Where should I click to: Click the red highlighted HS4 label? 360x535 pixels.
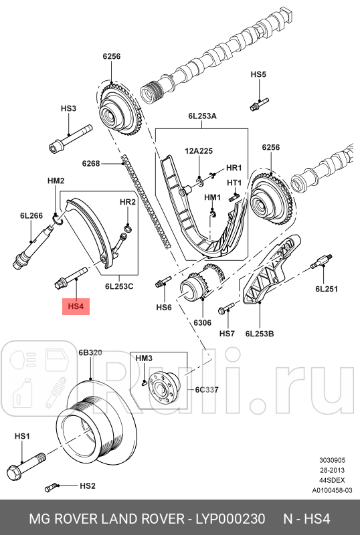click(x=76, y=307)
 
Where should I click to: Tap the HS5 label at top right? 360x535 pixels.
click(x=258, y=74)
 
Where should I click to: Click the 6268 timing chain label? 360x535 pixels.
click(x=91, y=163)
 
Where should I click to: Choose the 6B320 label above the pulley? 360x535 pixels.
click(x=90, y=352)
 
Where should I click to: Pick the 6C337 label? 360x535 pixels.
click(x=207, y=390)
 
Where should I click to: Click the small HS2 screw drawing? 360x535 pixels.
click(x=52, y=486)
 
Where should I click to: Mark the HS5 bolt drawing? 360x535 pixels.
click(x=258, y=104)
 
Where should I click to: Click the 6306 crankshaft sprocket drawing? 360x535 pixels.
click(x=199, y=288)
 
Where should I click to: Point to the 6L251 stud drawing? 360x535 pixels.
click(x=321, y=265)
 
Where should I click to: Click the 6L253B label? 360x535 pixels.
click(x=260, y=332)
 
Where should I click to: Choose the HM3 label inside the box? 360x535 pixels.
click(x=144, y=359)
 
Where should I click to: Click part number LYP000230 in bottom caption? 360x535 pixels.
click(x=230, y=519)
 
